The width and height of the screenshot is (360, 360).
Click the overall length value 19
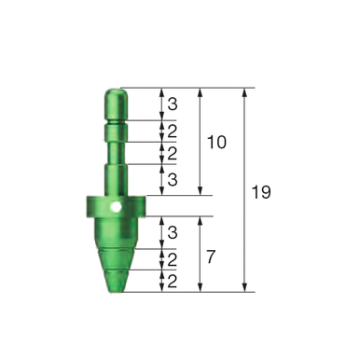pos(261,192)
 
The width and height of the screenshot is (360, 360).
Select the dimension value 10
pos(216,142)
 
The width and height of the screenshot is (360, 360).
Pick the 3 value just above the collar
pos(173,179)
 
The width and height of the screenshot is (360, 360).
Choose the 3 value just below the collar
pos(173,232)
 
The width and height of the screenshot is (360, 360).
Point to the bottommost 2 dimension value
pos(173,280)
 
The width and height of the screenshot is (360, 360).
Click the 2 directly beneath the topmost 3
pos(173,131)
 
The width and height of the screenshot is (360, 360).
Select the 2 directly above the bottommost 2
pos(173,258)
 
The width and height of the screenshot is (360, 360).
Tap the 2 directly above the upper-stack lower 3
pos(173,153)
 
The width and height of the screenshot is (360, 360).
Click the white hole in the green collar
pos(114,207)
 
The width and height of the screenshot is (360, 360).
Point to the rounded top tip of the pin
pos(113,92)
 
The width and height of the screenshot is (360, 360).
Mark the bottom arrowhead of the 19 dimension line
pos(245,288)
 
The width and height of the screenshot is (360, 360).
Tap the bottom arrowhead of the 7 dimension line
pos(200,288)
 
